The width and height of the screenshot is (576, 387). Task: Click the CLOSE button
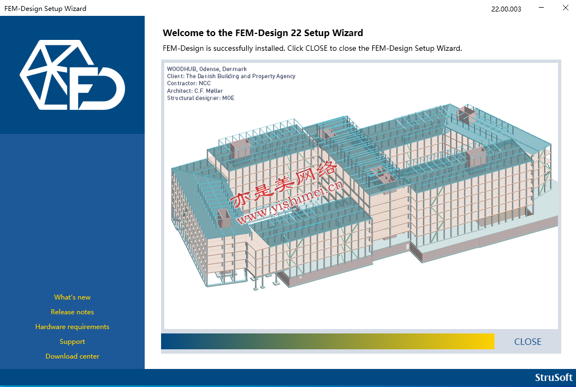[x=527, y=342]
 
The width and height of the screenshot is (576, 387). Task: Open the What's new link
[x=73, y=297]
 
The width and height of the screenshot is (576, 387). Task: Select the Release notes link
[x=73, y=312]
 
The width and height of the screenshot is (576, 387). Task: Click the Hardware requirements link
[x=73, y=327]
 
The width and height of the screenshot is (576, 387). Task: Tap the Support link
[x=73, y=342]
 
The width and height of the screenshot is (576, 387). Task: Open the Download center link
[x=73, y=356]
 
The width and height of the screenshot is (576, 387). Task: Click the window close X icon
[x=565, y=8]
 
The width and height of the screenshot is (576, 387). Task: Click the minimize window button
[x=541, y=8]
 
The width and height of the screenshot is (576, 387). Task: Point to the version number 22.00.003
[x=506, y=9]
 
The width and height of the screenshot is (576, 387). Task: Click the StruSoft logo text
[x=554, y=378]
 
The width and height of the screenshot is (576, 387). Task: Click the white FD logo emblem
[x=73, y=75]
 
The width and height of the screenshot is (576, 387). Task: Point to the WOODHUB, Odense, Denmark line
[x=207, y=69]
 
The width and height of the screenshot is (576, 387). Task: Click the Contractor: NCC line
[x=189, y=84]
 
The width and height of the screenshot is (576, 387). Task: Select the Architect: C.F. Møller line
[x=195, y=91]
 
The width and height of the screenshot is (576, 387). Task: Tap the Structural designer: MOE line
[x=200, y=98]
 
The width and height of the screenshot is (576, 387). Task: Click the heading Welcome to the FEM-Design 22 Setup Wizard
[x=263, y=33]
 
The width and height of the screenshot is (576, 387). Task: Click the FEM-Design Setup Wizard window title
[x=45, y=8]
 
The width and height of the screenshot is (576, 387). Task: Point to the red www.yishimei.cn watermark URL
[x=290, y=202]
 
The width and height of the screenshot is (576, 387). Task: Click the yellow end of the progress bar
[x=485, y=342]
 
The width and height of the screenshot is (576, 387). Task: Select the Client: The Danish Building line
[x=231, y=76]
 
